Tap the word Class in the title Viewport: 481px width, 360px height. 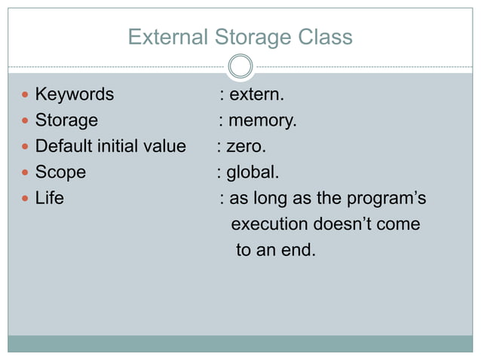326,37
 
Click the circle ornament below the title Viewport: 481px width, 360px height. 240,66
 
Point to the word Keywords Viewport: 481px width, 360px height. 75,95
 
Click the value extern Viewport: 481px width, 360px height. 257,95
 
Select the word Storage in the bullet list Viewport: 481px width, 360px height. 66,121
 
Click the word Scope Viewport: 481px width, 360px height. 60,172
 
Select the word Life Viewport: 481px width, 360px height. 50,199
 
